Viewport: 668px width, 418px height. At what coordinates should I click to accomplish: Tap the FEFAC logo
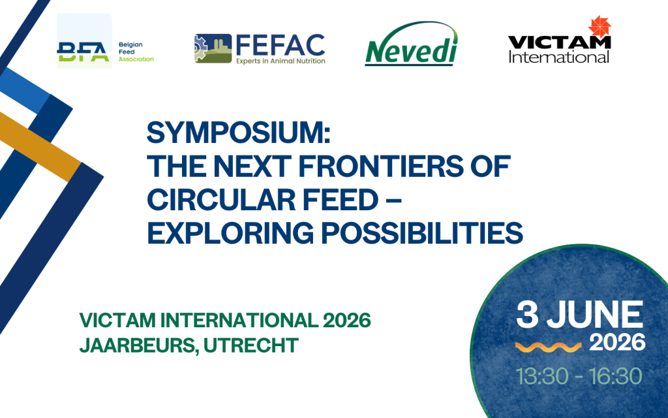pyautogui.click(x=260, y=49)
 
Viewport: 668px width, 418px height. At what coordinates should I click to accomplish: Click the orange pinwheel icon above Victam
pyautogui.click(x=599, y=27)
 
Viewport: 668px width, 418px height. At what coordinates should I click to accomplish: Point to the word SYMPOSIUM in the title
pyautogui.click(x=239, y=135)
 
